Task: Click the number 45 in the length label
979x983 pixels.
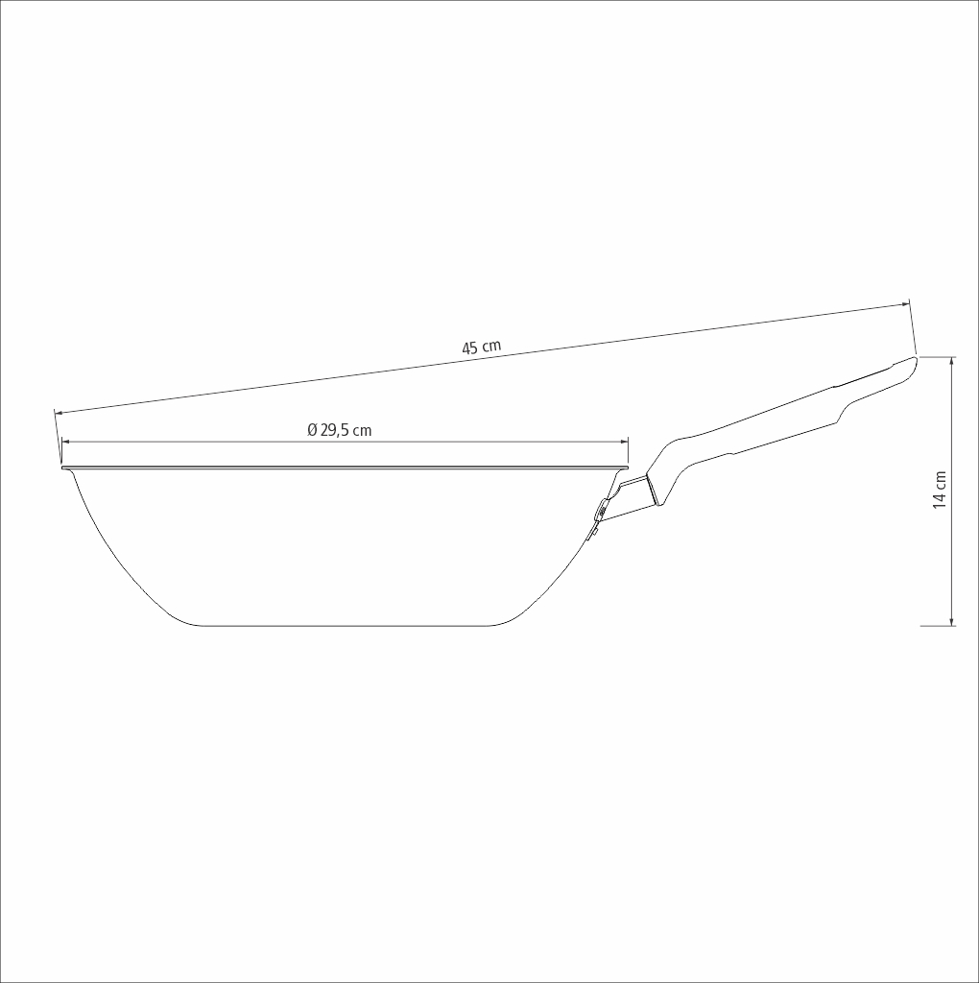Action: tap(470, 348)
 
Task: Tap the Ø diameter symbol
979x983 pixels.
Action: tap(313, 430)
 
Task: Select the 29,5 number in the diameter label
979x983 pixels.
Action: tap(335, 431)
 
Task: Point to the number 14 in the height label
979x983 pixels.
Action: tap(940, 498)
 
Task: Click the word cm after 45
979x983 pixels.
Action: tap(491, 346)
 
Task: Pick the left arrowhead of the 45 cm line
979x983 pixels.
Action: tap(59, 413)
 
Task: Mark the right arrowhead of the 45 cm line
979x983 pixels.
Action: tap(906, 304)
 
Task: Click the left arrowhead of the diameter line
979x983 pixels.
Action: tap(65, 442)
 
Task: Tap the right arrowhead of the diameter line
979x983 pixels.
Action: tap(624, 442)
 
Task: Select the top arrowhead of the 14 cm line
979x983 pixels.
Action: tap(952, 361)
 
